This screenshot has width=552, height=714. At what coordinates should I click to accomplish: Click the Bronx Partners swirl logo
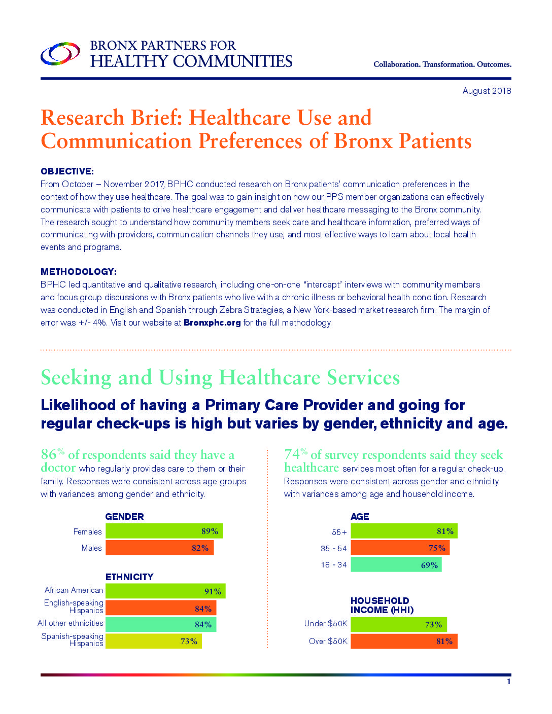(x=60, y=53)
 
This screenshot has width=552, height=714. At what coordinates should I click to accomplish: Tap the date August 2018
(x=486, y=91)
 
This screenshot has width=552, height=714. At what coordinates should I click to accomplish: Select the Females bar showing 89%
(x=164, y=531)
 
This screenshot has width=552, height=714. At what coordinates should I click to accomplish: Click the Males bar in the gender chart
(x=159, y=548)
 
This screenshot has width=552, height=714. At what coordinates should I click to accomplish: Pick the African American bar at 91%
(x=165, y=591)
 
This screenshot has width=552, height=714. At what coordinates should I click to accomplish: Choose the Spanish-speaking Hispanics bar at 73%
(x=153, y=641)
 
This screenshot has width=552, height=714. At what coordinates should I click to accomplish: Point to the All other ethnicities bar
(x=160, y=624)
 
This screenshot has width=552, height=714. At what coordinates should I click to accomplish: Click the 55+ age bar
(x=404, y=531)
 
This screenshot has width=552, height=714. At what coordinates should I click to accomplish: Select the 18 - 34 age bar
(x=396, y=564)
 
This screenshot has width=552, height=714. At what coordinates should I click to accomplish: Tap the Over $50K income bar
(x=404, y=641)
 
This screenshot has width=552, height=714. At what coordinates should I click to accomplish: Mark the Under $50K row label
(x=326, y=624)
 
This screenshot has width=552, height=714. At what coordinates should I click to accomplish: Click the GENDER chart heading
(x=124, y=517)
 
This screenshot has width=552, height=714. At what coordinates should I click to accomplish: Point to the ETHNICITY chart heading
(x=129, y=577)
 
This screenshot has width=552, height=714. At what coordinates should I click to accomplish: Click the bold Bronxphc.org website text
(x=212, y=323)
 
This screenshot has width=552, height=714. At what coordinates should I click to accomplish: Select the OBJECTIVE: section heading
(x=67, y=171)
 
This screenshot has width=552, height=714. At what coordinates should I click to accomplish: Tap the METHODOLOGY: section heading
(x=78, y=272)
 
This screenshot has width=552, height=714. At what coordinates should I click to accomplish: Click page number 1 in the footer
(x=508, y=682)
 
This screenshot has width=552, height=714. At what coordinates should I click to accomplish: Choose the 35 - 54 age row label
(x=333, y=549)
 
